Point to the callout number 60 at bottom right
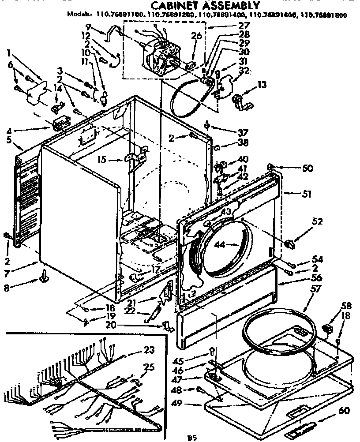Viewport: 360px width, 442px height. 344,411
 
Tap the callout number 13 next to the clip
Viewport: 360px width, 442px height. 262,85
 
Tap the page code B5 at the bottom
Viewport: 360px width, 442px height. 191,438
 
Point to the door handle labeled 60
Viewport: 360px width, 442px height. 303,427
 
